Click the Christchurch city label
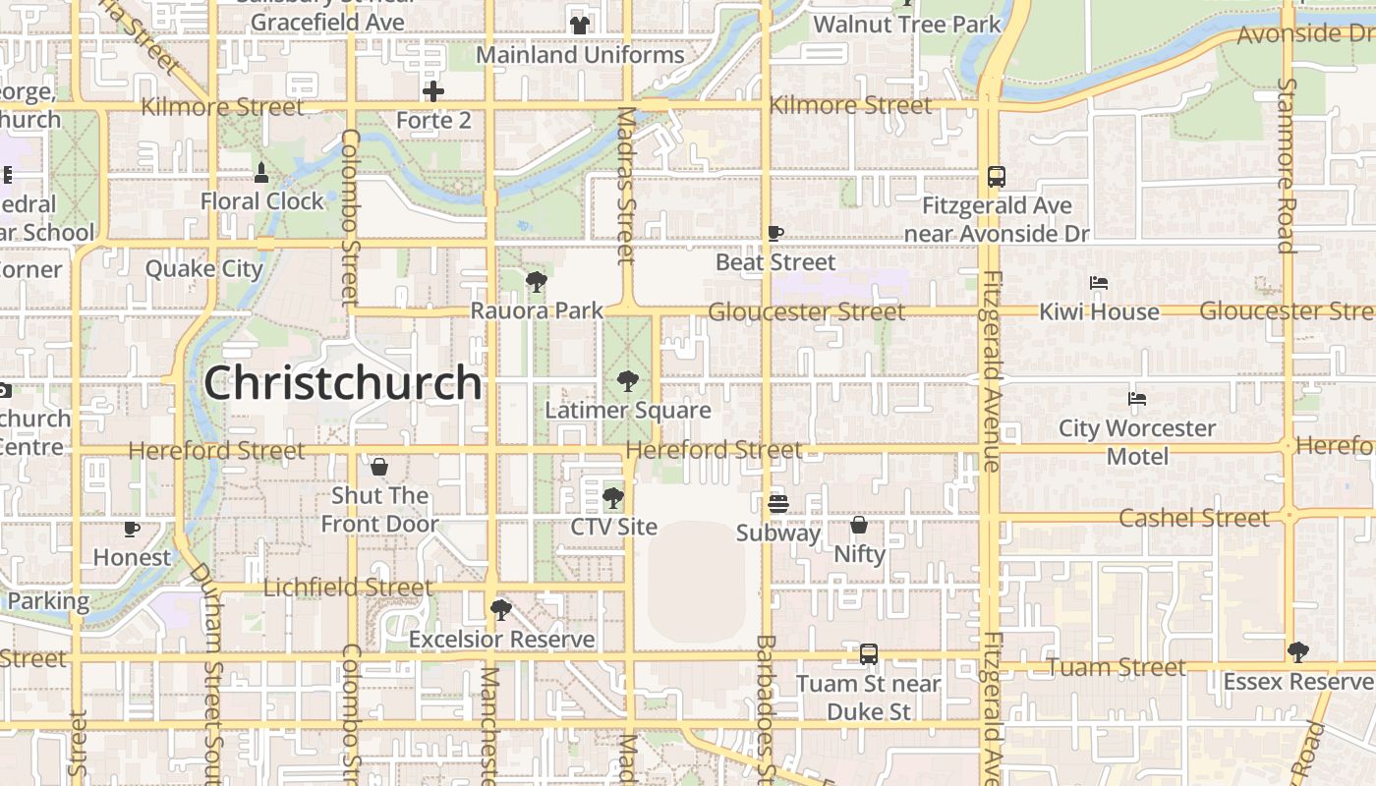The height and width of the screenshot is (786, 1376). (x=342, y=383)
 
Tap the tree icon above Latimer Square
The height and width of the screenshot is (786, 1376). (x=627, y=382)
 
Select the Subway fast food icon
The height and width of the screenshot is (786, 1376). (x=777, y=504)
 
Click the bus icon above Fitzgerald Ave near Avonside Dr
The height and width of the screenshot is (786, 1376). (x=996, y=177)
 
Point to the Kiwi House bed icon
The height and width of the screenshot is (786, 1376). (x=1099, y=283)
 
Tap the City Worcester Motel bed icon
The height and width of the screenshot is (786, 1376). (x=1137, y=399)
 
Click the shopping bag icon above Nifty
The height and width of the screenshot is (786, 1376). (x=859, y=525)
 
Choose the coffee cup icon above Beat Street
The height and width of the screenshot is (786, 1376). (x=774, y=234)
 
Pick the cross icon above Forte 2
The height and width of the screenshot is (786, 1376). (x=433, y=91)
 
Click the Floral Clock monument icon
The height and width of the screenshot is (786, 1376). (x=261, y=173)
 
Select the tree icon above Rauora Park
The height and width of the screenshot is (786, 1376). (x=536, y=283)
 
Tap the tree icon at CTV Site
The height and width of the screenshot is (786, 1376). (x=613, y=498)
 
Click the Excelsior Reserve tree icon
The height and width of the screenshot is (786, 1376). (x=501, y=610)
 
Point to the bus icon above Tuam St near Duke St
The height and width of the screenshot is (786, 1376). (x=868, y=654)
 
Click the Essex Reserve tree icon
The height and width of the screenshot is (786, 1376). (x=1297, y=651)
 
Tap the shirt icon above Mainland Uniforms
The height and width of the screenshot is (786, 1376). (x=579, y=26)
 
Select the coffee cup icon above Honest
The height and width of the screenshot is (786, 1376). (x=132, y=529)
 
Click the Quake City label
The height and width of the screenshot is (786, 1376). (x=204, y=268)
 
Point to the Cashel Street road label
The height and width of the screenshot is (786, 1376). (x=1194, y=518)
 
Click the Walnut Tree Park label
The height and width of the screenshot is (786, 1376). (x=907, y=25)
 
